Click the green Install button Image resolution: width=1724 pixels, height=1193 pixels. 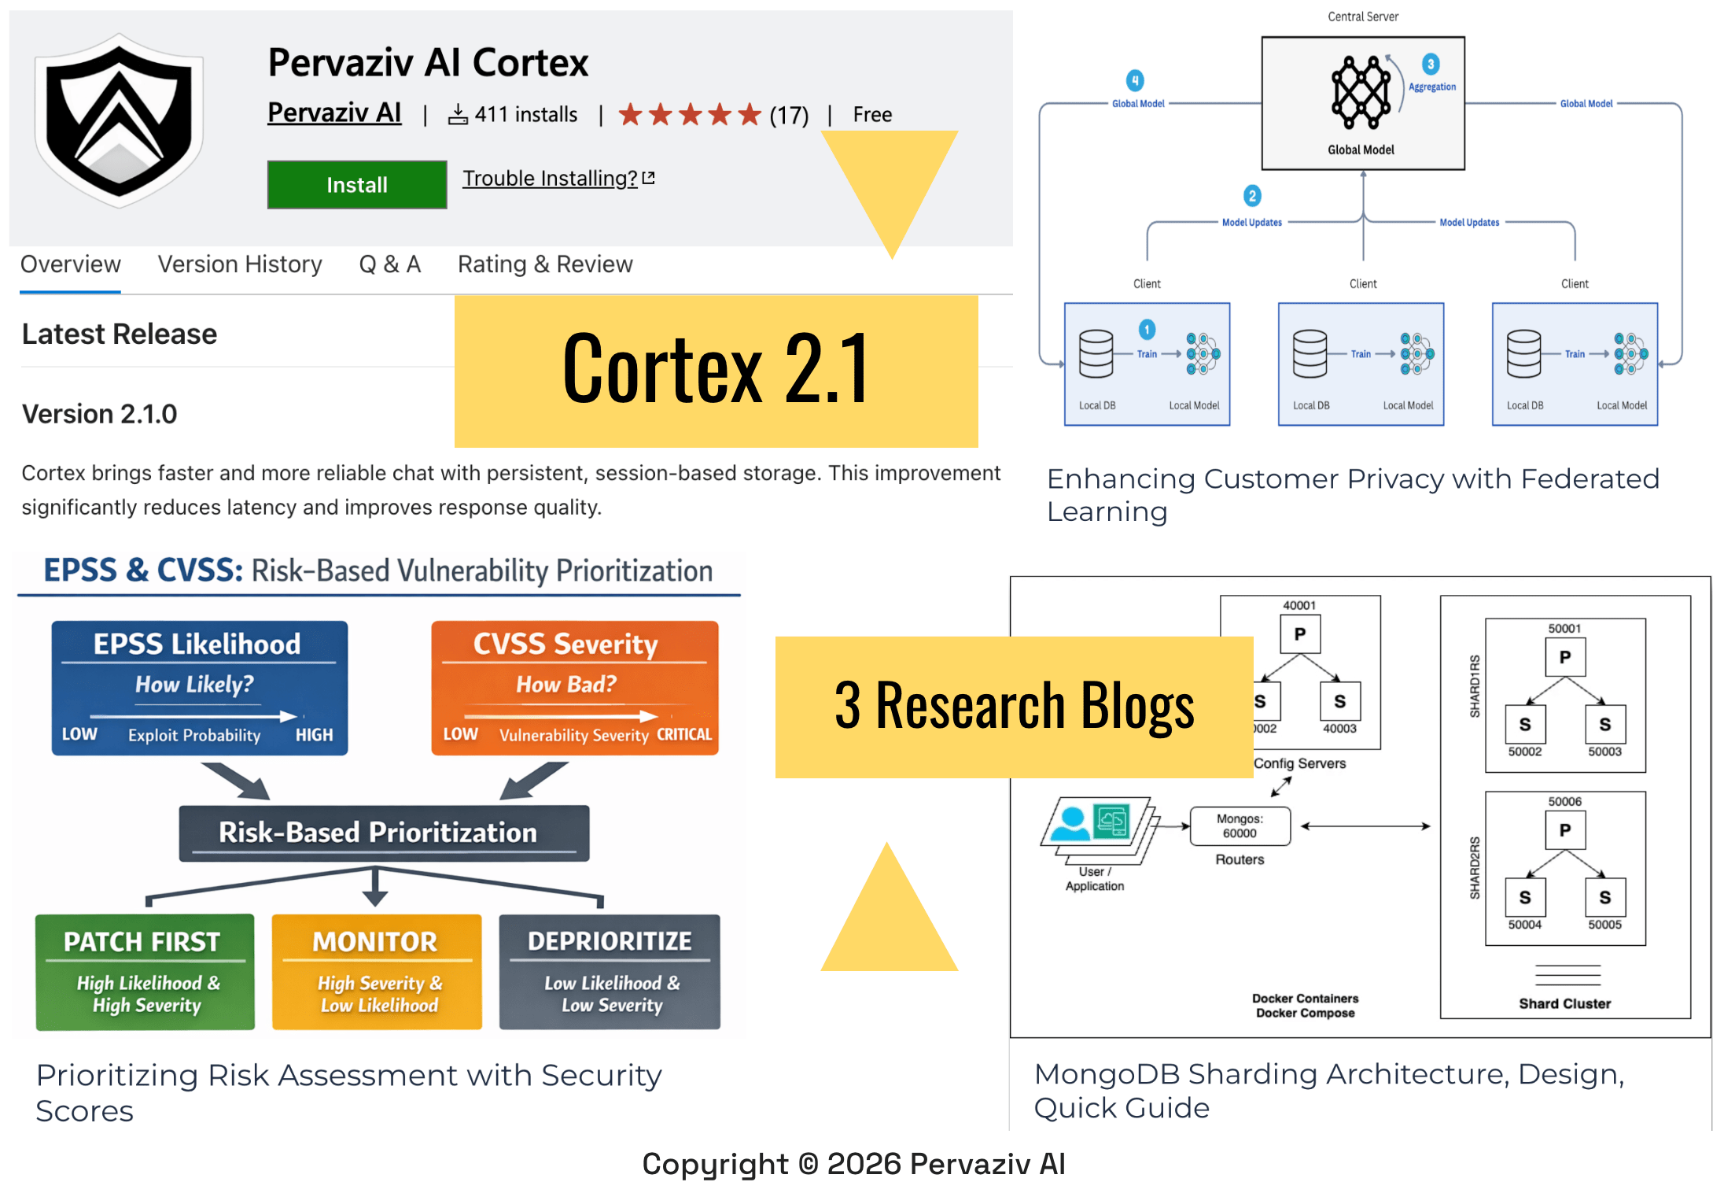click(x=356, y=185)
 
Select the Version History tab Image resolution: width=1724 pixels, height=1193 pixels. click(x=240, y=264)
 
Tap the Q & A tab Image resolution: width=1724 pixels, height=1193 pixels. click(x=390, y=264)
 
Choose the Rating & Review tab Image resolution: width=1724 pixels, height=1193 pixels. click(x=545, y=264)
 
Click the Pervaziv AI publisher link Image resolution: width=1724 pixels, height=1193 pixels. click(x=334, y=113)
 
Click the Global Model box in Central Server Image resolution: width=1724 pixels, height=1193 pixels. click(x=1362, y=103)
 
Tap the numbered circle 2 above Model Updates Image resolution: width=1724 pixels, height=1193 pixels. click(x=1252, y=195)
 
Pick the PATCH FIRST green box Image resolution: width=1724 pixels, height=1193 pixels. click(x=145, y=972)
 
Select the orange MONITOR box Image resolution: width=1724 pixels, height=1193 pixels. click(x=377, y=972)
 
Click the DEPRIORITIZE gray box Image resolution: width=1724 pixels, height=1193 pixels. click(x=610, y=972)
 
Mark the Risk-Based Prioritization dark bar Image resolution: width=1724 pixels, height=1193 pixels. click(x=384, y=833)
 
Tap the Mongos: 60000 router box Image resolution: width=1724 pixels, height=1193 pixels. click(x=1240, y=826)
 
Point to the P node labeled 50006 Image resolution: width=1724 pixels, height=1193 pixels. click(x=1564, y=830)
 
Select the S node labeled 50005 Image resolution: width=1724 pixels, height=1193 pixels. click(x=1604, y=898)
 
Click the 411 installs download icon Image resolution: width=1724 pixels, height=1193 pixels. click(x=458, y=115)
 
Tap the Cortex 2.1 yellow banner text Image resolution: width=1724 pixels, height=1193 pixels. click(x=716, y=370)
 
